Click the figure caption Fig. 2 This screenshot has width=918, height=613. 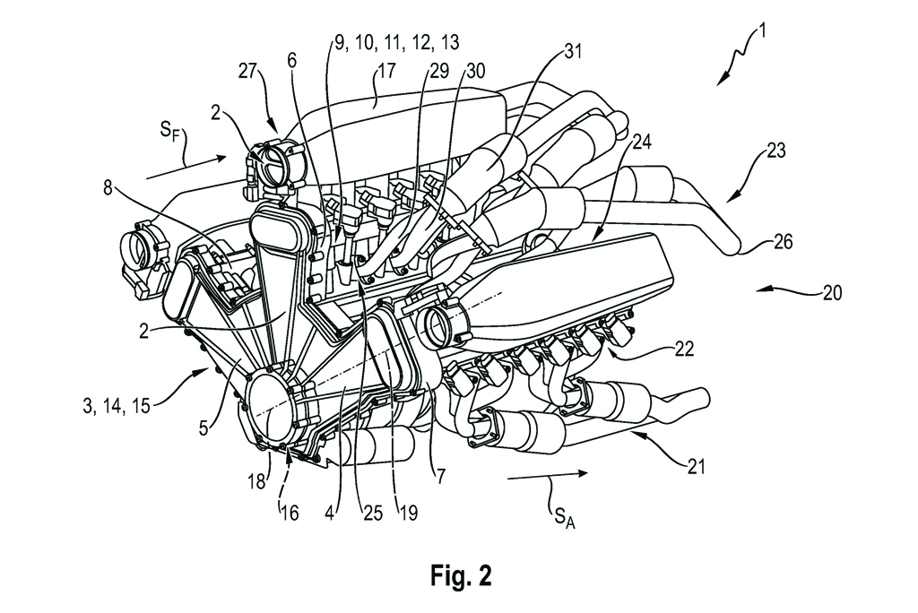tap(459, 571)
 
